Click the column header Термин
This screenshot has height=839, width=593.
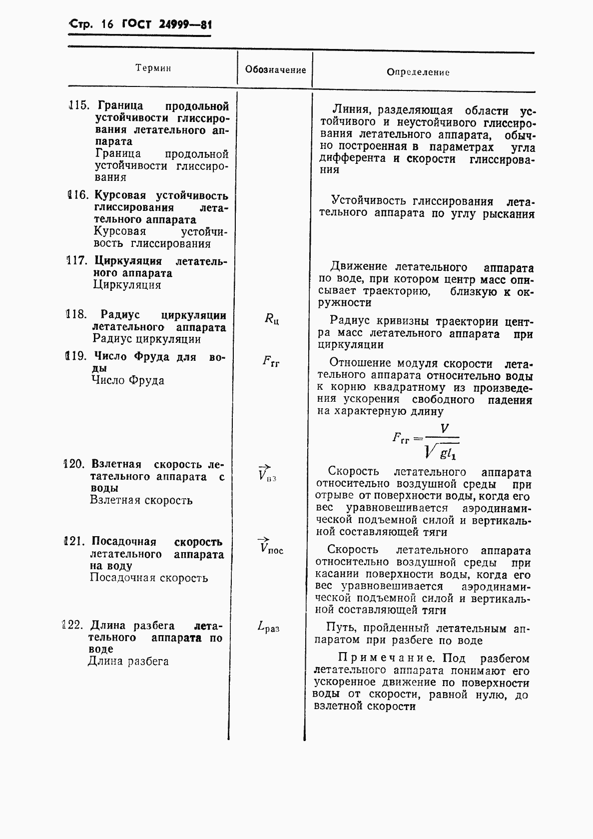[153, 68]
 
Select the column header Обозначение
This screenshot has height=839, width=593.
[275, 70]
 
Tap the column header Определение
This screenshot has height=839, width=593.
[418, 72]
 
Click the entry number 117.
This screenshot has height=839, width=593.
[77, 261]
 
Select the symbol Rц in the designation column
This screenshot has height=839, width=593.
[271, 318]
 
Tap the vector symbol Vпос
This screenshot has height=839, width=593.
[270, 547]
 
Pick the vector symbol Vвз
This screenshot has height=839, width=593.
[267, 474]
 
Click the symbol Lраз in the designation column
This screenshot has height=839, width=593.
[268, 626]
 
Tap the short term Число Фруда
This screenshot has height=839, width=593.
[128, 380]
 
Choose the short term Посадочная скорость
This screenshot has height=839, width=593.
[149, 578]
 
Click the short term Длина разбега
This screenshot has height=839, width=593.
[128, 662]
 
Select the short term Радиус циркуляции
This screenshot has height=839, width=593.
[147, 339]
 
